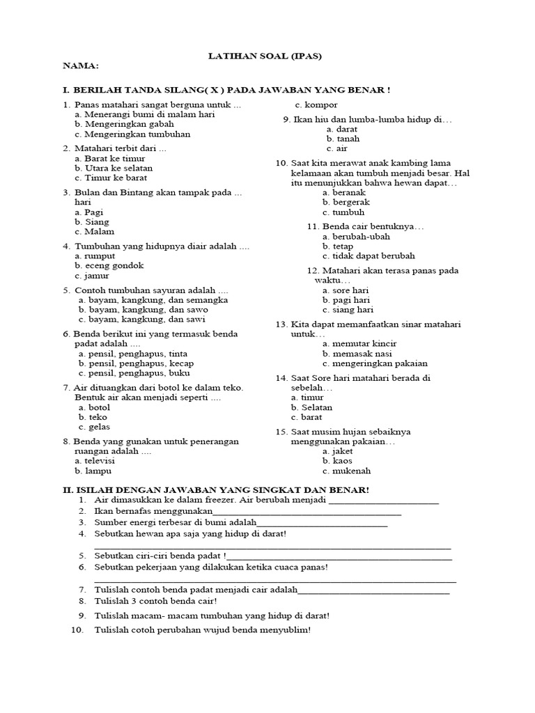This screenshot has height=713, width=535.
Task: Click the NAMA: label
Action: point(81,66)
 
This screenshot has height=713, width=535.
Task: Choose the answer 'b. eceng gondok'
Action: point(109,265)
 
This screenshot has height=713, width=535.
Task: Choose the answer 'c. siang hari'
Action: point(348,309)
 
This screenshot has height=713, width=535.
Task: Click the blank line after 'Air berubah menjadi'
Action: point(383,502)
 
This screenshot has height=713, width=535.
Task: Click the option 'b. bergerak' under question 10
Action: point(343,202)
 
